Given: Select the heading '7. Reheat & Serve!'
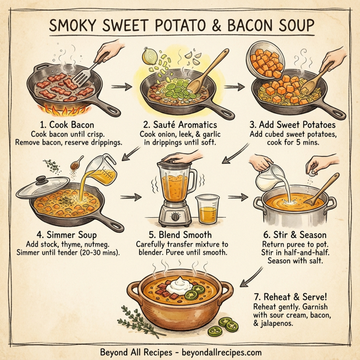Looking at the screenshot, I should (x=290, y=295).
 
